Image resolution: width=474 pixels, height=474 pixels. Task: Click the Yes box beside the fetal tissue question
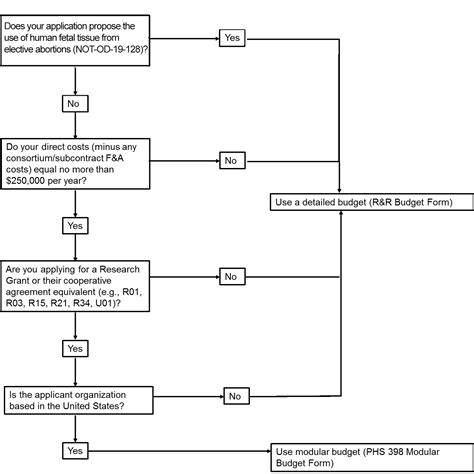pos(232,38)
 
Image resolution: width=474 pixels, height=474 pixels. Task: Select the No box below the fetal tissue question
pos(75,104)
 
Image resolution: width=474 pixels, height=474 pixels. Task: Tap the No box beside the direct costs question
pos(232,160)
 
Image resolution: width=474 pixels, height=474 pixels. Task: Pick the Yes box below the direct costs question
pos(75,226)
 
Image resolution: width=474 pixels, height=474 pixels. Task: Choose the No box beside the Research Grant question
pos(232,276)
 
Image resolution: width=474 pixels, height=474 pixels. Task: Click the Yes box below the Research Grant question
pos(75,349)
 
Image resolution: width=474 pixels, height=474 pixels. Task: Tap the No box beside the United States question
pos(236,396)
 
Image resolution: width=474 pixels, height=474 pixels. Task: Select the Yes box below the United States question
pos(75,451)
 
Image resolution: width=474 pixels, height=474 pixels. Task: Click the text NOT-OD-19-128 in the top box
pos(108,49)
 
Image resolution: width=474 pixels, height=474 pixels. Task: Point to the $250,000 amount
pos(25,181)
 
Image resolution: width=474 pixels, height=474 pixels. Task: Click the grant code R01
pos(132,292)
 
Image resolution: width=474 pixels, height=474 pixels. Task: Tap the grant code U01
pos(105,303)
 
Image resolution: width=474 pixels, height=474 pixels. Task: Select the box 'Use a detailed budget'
pos(372,202)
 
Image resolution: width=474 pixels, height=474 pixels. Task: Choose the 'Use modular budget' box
pos(372,458)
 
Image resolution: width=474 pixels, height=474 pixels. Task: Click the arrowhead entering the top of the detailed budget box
pos(339,191)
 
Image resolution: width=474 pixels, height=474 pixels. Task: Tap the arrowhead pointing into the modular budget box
pos(268,451)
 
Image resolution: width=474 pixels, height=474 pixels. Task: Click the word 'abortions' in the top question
pos(53,49)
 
